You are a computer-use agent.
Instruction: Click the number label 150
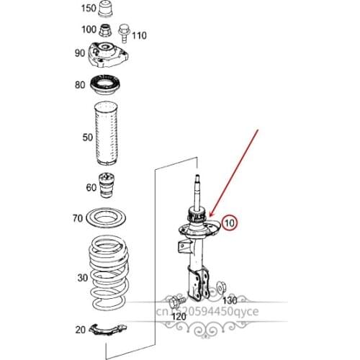tap(87, 9)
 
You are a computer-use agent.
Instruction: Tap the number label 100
tap(88, 30)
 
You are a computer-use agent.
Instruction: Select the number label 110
tap(139, 35)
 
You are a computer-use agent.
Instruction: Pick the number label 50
tap(87, 136)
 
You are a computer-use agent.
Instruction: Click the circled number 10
tap(230, 223)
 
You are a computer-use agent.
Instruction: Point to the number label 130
tap(229, 299)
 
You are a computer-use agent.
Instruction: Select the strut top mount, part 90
tap(110, 53)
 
